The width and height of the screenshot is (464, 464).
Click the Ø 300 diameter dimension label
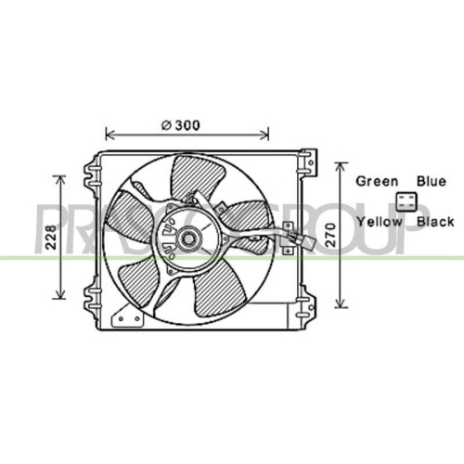pos(181,125)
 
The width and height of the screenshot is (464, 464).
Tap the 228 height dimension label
pos(52,238)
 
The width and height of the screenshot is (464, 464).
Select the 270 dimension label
pos(330,235)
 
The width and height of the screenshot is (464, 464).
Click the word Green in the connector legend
pos(377,181)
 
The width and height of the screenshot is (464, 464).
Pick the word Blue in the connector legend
pos(432,181)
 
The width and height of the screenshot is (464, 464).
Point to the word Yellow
pos(380,222)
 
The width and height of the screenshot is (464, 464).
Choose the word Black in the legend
pos(435,222)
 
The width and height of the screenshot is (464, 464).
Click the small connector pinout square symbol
pos(406,201)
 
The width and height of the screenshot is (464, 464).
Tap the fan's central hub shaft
pos(187,238)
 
